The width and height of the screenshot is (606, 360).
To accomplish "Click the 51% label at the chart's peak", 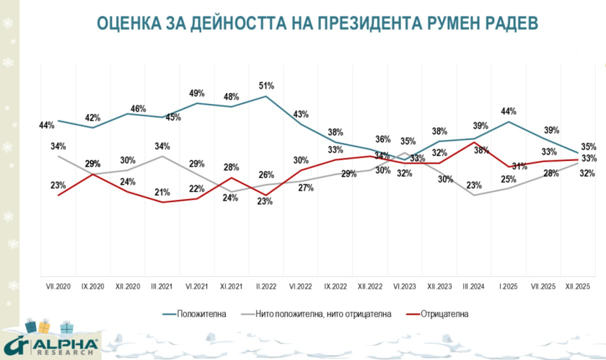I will pyautogui.click(x=266, y=86).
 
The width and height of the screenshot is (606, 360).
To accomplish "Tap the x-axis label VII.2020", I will pyautogui.click(x=58, y=286).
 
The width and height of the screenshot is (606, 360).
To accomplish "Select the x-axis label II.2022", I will pyautogui.click(x=265, y=286).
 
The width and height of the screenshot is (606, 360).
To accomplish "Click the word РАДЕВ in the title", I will pyautogui.click(x=508, y=23).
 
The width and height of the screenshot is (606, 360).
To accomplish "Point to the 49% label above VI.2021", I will pyautogui.click(x=196, y=93).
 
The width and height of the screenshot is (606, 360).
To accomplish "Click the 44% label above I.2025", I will pyautogui.click(x=509, y=111).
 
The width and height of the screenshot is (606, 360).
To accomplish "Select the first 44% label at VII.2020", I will pyautogui.click(x=47, y=125).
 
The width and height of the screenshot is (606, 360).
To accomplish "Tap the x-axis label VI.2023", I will pyautogui.click(x=404, y=286).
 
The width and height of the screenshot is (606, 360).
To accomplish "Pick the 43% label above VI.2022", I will pyautogui.click(x=301, y=114).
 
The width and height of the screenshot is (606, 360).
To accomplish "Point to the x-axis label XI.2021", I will pyautogui.click(x=231, y=286).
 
